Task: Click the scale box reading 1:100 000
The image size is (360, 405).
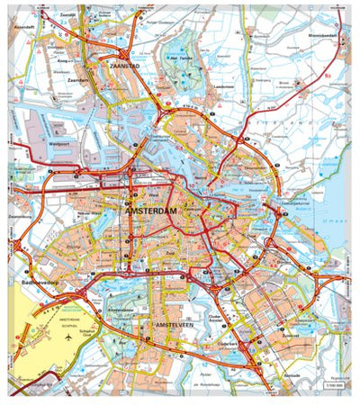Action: [330, 387]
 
